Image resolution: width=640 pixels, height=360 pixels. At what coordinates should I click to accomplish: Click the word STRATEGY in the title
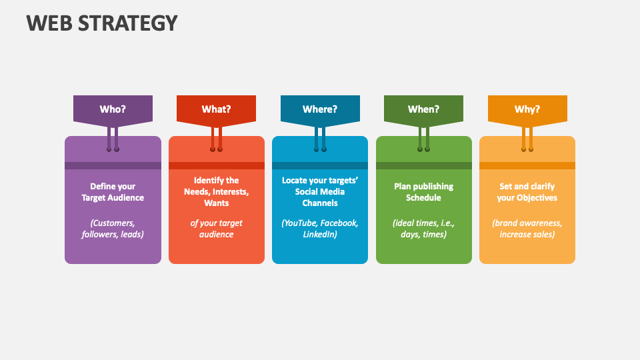coord(128,23)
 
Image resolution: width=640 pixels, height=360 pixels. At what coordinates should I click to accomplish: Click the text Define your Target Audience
coord(113,192)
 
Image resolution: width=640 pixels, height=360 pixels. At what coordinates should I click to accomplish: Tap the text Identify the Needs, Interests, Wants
coord(216,191)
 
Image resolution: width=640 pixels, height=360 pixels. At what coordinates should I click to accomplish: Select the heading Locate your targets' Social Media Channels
coord(320,191)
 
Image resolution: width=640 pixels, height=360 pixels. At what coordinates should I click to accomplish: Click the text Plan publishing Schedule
coord(424,192)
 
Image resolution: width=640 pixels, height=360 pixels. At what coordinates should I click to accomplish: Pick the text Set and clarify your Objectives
coord(527,192)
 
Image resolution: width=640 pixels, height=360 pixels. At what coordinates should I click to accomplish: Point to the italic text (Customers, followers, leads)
coord(113,229)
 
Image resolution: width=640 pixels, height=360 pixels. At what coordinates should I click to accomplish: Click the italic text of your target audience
coord(216,229)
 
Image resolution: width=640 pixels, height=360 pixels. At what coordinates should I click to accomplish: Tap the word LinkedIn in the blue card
coord(320,234)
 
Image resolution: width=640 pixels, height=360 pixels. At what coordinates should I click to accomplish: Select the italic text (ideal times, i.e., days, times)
coord(424,229)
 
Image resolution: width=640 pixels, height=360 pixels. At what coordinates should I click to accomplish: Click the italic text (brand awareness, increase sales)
coord(527,229)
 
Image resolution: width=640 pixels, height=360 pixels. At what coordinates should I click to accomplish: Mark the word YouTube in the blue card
coord(299,223)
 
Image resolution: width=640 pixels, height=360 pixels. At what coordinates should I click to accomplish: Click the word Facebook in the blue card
coord(339,223)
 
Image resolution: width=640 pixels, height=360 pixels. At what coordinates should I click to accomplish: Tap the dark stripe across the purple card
coord(113,166)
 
